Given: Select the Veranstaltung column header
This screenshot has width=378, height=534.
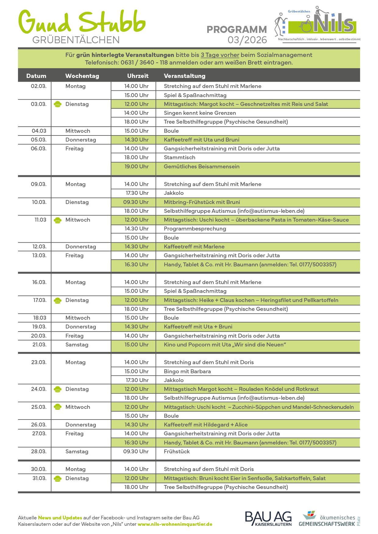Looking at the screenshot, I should pos(184,76).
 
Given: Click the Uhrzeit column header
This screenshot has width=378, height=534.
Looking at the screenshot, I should pos(138,76).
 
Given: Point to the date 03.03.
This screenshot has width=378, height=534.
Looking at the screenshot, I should pos(39,104).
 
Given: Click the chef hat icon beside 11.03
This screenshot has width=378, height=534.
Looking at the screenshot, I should pos(58,220).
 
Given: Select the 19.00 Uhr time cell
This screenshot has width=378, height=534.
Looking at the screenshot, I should pos(136,167).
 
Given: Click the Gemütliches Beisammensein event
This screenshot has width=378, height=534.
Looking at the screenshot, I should pos(201,167).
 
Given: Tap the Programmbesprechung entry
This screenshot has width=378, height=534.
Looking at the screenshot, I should pos(195,229).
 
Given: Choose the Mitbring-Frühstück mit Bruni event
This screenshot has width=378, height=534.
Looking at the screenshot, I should pos(202,202).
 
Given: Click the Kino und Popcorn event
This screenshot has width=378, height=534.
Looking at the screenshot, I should pos(225,345).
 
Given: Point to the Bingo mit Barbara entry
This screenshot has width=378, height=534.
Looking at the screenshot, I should pos(187,371).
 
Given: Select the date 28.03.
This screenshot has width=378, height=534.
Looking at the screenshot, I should pos(39,451).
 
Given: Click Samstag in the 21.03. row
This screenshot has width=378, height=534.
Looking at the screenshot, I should pos(77,345).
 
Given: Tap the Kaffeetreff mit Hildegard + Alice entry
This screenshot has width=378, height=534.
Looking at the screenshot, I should pos(205,425).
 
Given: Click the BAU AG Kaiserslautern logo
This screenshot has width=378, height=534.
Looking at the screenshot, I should pos(268,518).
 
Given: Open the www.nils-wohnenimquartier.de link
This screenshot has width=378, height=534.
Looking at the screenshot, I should pos(175,524).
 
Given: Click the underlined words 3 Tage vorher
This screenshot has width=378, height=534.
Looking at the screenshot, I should pos(220,55).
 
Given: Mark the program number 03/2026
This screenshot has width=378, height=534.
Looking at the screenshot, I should pos(247,40).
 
